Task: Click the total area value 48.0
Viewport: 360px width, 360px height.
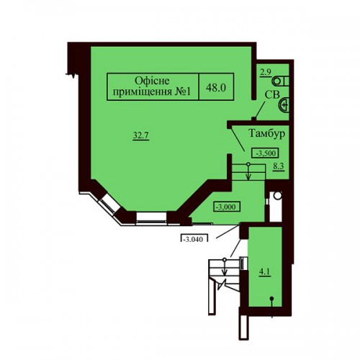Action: point(216,88)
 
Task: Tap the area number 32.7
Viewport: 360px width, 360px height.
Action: point(141,135)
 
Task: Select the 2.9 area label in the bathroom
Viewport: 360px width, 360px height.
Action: point(266,73)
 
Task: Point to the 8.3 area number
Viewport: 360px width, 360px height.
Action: point(279,166)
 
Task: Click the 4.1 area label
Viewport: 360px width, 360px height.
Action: point(265,272)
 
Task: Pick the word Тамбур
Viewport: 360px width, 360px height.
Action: point(267,133)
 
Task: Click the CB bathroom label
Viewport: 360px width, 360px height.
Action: point(272,94)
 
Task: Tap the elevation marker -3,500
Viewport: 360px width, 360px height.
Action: point(265,153)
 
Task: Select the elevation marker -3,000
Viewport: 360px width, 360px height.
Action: point(227,207)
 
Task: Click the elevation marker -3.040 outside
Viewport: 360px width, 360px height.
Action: point(194,238)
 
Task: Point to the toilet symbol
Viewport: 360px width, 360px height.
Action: point(280,81)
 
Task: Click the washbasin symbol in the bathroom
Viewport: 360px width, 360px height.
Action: point(284,104)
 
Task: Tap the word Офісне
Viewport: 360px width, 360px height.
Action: point(152,81)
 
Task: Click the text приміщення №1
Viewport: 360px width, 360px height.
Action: point(152,92)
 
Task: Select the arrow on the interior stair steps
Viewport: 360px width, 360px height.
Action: point(248,172)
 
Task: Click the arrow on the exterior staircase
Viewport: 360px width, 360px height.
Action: point(225,267)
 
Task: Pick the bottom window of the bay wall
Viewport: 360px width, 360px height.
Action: point(151,217)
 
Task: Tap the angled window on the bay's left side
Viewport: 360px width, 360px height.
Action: point(109,202)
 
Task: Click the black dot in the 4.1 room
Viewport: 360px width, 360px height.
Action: point(271,299)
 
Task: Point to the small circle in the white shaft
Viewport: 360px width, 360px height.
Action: point(278,195)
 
